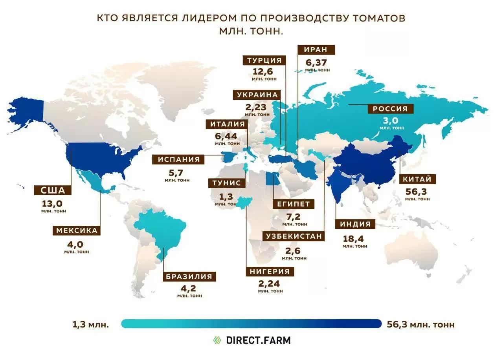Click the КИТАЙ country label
pyautogui.click(x=417, y=179)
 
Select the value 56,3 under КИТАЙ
pyautogui.click(x=417, y=192)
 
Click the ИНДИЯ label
pyautogui.click(x=355, y=225)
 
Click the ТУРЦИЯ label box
pyautogui.click(x=264, y=60)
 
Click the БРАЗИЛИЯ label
pyautogui.click(x=189, y=276)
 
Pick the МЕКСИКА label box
pyautogui.click(x=77, y=230)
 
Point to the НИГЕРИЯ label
pyautogui.click(x=270, y=272)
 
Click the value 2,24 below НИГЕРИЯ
pyautogui.click(x=270, y=284)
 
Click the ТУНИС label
pyautogui.click(x=227, y=183)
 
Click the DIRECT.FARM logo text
pyautogui.click(x=258, y=340)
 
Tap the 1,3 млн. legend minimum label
pyautogui.click(x=90, y=325)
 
